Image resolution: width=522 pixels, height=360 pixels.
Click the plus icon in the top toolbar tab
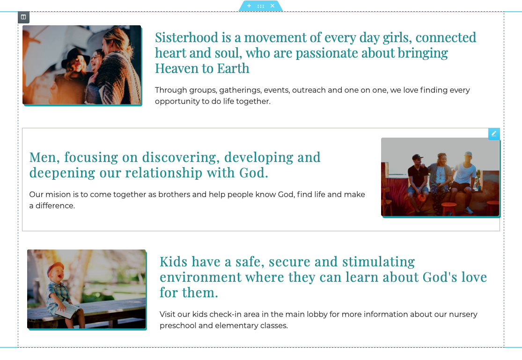coord(249,6)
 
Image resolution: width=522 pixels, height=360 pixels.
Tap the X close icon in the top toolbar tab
coord(272,6)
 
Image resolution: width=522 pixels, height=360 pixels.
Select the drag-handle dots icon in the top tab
coord(261,6)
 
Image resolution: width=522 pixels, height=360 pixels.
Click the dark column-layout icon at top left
coord(23,17)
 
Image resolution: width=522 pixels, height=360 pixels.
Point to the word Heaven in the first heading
coord(177,69)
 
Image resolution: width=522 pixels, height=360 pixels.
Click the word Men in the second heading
coord(44,157)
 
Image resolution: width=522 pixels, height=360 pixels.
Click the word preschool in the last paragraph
coord(178,326)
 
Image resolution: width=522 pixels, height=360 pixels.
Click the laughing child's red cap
coord(54,267)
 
